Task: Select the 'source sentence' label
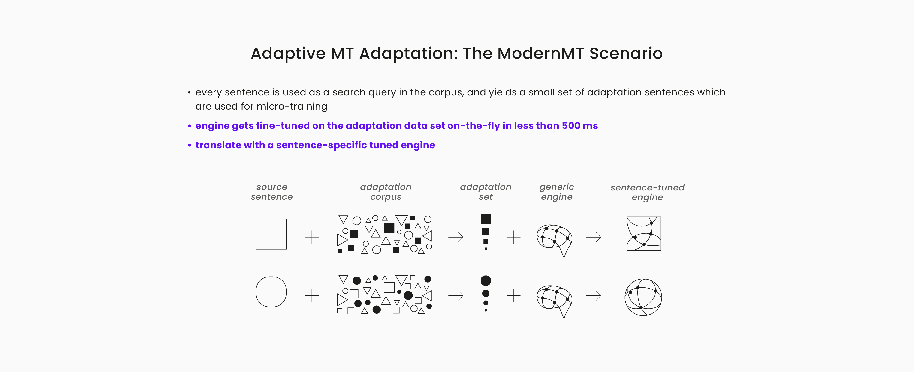[272, 192]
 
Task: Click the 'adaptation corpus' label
[386, 192]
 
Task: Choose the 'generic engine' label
[556, 192]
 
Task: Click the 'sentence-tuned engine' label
[647, 192]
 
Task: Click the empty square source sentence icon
[271, 234]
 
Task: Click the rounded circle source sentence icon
[271, 292]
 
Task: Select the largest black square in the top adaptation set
[486, 219]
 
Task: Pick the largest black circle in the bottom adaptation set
[486, 281]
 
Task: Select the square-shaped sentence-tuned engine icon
[644, 234]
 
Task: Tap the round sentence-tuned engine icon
[643, 297]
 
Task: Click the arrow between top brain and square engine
[594, 237]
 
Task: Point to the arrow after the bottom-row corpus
[456, 295]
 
